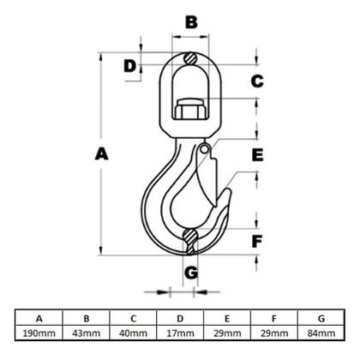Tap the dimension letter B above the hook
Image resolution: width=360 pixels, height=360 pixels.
point(191,21)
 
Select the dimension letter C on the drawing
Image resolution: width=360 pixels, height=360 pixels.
point(256,81)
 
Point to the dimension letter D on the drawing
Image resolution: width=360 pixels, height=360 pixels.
point(129,65)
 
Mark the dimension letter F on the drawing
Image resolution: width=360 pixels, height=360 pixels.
point(257,241)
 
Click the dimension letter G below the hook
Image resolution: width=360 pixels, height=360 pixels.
point(192,273)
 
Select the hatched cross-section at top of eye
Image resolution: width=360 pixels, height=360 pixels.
point(191,59)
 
